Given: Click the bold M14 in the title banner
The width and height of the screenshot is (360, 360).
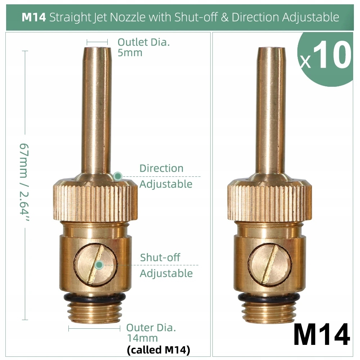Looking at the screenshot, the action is pyautogui.click(x=34, y=17).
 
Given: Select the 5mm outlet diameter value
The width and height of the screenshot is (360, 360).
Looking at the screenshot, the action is pyautogui.click(x=130, y=53).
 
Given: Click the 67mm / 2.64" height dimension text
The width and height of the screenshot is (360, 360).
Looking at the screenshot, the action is pyautogui.click(x=24, y=182).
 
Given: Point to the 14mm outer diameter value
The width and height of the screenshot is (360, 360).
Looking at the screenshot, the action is pyautogui.click(x=143, y=338).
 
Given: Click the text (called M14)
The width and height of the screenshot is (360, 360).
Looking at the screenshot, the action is pyautogui.click(x=158, y=350).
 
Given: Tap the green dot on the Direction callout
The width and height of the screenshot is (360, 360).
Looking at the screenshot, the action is pyautogui.click(x=118, y=176).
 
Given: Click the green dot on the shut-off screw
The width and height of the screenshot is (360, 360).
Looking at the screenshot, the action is pyautogui.click(x=99, y=265).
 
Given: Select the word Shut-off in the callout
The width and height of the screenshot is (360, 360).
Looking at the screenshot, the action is pyautogui.click(x=160, y=257).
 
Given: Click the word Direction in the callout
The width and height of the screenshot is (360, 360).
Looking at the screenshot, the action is pyautogui.click(x=161, y=168).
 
